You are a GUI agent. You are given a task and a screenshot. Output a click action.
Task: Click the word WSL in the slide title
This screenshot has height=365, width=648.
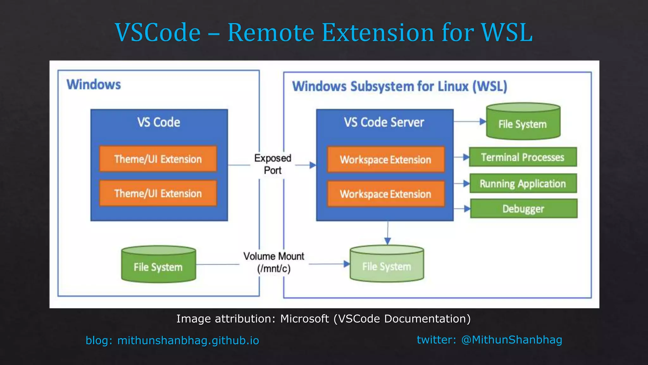506,32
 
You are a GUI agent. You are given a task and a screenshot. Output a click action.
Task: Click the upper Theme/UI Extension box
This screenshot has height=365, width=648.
158,159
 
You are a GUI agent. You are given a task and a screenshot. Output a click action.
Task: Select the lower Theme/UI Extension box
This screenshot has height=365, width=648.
158,193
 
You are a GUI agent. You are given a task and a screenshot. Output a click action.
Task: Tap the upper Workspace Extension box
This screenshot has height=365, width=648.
385,159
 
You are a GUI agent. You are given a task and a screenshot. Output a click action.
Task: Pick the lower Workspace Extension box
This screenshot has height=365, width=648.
385,194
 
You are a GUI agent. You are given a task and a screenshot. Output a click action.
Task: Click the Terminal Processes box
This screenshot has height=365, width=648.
523,157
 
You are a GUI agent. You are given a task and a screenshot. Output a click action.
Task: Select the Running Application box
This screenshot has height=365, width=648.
523,183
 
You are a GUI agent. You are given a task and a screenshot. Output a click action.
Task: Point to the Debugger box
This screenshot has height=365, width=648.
523,208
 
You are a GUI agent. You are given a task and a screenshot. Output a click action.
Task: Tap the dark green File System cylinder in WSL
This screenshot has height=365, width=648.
523,122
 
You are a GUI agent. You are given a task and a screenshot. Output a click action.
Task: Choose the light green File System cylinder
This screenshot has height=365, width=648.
387,264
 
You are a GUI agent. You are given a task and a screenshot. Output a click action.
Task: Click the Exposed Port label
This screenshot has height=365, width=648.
272,164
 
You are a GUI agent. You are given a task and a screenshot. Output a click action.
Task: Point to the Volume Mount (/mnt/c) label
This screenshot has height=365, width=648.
274,262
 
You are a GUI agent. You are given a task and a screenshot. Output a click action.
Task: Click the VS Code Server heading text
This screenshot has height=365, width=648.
384,122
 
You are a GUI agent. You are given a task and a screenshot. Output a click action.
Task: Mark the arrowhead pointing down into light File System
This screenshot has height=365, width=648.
388,241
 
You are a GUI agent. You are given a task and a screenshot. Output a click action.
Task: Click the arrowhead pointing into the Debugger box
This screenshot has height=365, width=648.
467,208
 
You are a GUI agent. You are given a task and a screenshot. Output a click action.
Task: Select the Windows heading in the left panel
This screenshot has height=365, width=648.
94,85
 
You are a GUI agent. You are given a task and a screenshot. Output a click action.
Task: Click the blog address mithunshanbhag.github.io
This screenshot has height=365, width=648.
188,341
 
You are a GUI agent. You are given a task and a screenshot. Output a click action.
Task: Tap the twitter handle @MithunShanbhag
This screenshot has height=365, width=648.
511,340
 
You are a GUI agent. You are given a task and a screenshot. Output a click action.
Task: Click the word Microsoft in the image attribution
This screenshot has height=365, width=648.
304,319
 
